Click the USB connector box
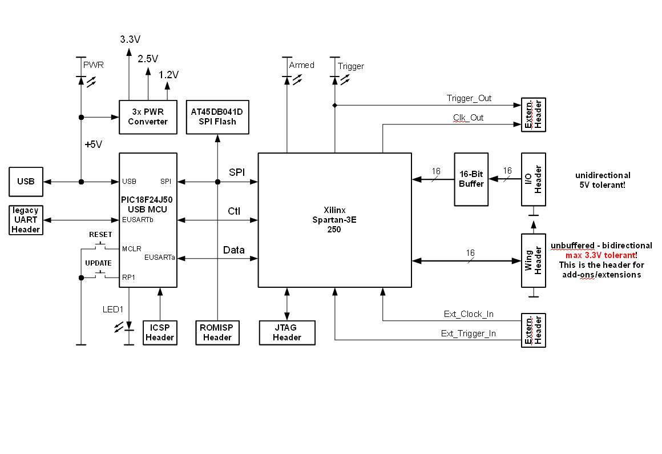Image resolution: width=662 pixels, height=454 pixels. tap(26, 182)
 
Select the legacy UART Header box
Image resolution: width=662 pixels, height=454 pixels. tap(26, 220)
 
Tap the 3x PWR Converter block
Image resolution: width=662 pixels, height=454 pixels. tap(148, 117)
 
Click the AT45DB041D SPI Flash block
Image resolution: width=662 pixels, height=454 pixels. tap(217, 117)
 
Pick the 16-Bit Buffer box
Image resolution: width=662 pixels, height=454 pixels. tap(471, 179)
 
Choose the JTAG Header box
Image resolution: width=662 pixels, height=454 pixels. tap(287, 333)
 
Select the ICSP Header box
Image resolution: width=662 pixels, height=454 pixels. tap(160, 333)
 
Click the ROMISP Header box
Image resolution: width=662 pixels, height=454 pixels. tap(217, 333)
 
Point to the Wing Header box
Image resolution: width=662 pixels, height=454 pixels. tap(534, 260)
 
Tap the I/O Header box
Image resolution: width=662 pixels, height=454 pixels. tap(534, 179)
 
